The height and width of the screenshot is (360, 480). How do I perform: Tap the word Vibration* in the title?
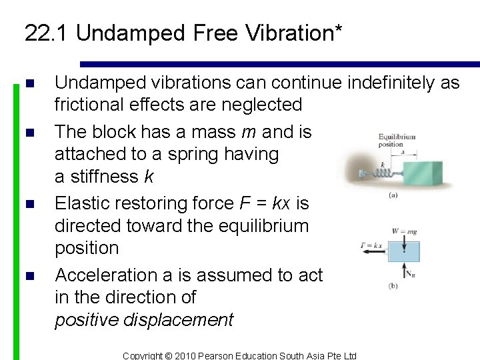(293, 33)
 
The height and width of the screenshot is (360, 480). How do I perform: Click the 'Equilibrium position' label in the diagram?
(396, 141)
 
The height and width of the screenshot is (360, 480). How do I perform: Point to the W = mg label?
(404, 232)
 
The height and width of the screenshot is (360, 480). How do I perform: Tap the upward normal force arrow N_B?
(405, 271)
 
